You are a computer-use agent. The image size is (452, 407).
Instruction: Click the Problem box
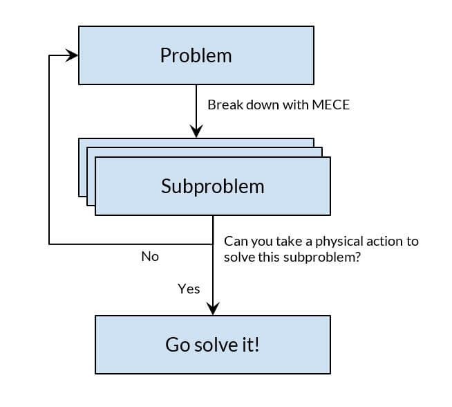[x=196, y=55]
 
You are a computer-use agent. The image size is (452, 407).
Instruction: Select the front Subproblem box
[x=212, y=186]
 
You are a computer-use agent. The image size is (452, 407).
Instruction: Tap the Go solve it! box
[x=212, y=344]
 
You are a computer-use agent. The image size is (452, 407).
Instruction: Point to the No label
[x=150, y=256]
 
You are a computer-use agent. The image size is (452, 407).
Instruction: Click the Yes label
[x=189, y=289]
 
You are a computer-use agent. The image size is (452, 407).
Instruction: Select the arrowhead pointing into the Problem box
[x=72, y=56]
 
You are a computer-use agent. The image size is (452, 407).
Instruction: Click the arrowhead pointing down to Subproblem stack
[x=196, y=132]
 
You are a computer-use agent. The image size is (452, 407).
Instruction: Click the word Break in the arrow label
[x=223, y=105]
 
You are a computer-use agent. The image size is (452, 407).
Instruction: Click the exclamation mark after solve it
[x=257, y=344]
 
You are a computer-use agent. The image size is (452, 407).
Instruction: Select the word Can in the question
[x=235, y=242]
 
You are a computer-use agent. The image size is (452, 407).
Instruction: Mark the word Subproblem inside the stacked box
[x=212, y=186]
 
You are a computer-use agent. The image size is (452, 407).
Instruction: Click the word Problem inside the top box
[x=196, y=55]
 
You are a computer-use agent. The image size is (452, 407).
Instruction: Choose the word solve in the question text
[x=240, y=257]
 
